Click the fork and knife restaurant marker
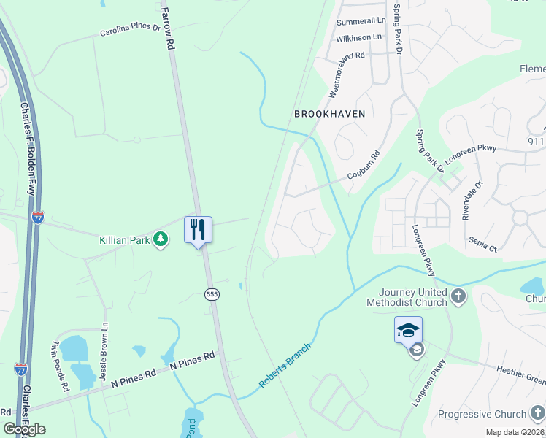click(198, 229)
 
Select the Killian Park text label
click(124, 239)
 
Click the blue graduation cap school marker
click(408, 330)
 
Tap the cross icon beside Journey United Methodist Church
click(458, 296)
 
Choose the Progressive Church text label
click(482, 414)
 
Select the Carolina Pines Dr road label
click(130, 30)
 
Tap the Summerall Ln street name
click(361, 20)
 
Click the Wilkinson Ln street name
click(358, 36)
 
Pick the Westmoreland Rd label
click(347, 73)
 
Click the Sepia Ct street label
click(482, 245)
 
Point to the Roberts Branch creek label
click(285, 365)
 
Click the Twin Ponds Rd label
click(59, 366)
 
